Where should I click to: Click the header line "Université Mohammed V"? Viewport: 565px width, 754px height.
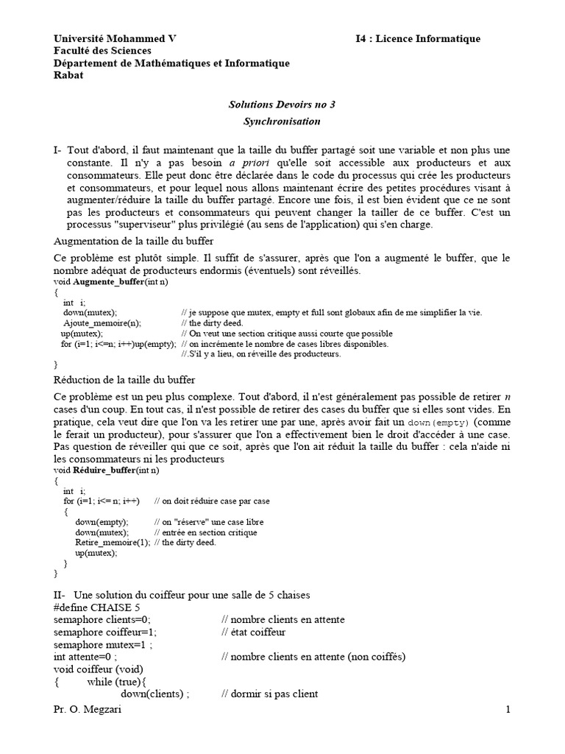[115, 38]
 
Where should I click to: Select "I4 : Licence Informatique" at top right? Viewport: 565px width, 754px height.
[417, 38]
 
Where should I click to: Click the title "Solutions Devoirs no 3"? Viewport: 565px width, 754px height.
[282, 105]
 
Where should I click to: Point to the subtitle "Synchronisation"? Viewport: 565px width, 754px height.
[282, 121]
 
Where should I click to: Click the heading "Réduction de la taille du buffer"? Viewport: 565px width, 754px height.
[124, 380]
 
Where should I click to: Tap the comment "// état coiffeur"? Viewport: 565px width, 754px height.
[253, 632]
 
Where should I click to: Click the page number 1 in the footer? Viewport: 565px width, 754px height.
[507, 710]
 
